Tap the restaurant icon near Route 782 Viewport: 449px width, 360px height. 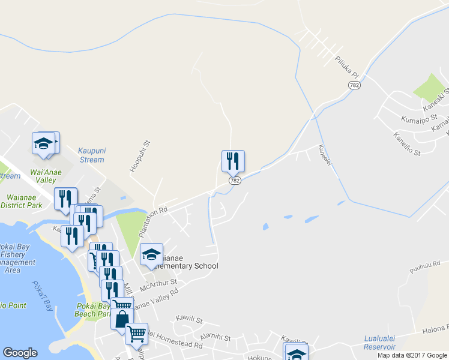coord(233,161)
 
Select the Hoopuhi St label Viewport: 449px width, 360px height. coord(133,156)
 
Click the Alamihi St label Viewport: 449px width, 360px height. coord(215,337)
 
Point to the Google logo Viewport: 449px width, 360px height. coord(20,353)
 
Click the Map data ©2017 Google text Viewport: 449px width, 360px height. coord(412,355)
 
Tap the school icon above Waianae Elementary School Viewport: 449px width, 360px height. coord(151,254)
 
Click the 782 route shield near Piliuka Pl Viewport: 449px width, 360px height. coord(354,85)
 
